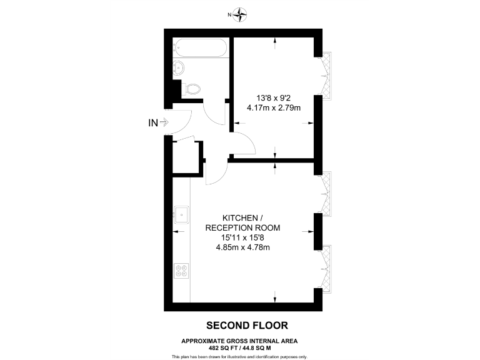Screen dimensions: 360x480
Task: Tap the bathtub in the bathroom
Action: point(200,47)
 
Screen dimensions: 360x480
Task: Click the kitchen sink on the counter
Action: point(182,215)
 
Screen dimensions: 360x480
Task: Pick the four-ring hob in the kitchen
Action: point(182,271)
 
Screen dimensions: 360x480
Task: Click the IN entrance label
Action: point(153,123)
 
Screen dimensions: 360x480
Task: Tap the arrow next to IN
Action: point(165,123)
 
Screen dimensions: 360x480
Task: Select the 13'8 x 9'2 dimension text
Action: point(274,97)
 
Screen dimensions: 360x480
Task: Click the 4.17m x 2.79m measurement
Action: point(274,107)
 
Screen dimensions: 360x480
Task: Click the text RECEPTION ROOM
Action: point(242,228)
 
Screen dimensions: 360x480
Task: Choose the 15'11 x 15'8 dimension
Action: point(242,238)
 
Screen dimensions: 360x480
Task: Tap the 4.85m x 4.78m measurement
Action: point(242,248)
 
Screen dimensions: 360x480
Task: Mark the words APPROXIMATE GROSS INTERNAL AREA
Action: point(239,340)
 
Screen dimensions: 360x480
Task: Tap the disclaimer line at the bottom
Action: point(239,356)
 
